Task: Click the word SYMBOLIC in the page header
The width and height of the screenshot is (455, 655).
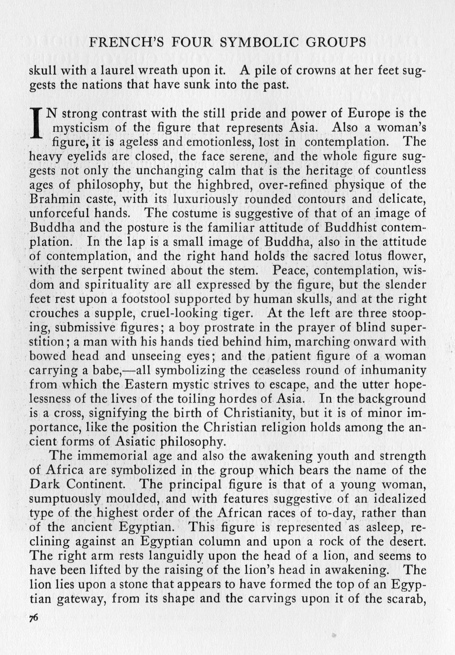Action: tap(260, 42)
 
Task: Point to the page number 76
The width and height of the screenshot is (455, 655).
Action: tap(34, 618)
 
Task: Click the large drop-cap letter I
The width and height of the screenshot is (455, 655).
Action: tap(37, 122)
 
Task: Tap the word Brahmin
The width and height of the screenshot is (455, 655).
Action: tap(53, 199)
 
